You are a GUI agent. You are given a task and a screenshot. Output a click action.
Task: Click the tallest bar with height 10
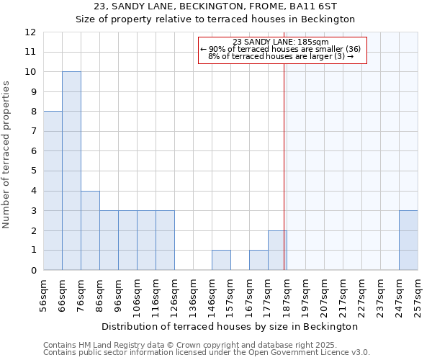point(71,171)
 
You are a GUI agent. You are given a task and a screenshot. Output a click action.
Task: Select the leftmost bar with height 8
point(53,190)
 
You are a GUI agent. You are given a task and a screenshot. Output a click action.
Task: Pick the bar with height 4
point(90,230)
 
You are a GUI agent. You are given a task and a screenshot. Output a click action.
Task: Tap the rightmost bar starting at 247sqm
point(408,240)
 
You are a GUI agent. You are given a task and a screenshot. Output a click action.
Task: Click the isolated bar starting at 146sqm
point(221,260)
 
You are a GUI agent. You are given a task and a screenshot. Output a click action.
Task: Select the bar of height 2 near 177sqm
point(277,250)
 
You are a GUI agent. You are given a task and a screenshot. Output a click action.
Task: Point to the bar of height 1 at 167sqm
point(258,260)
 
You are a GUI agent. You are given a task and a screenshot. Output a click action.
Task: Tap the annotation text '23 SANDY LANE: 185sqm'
point(281,42)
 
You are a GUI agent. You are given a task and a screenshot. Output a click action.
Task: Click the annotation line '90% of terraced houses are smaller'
point(281,49)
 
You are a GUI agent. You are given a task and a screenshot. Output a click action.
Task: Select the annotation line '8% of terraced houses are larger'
point(281,56)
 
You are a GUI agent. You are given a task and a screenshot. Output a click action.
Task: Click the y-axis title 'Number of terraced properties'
point(7,154)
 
